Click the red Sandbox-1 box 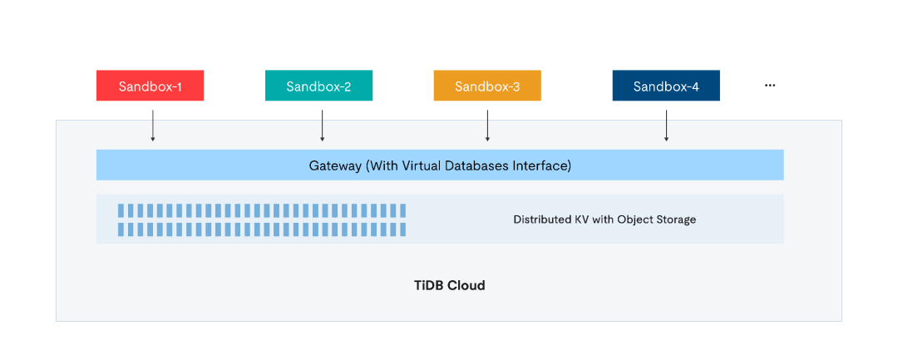pos(150,86)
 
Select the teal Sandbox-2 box pos(318,86)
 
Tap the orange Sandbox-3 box pos(487,86)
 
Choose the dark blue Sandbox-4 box pos(666,86)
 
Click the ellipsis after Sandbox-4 pos(770,86)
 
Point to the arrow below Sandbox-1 pos(153,126)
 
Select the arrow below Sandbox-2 pos(323,126)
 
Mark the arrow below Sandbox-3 pos(487,126)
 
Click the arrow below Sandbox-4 pos(667,126)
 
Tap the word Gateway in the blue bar pos(335,166)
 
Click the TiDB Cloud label pos(450,285)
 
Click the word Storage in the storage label pos(676,219)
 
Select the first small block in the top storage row pos(121,210)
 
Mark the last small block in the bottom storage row pos(402,229)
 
